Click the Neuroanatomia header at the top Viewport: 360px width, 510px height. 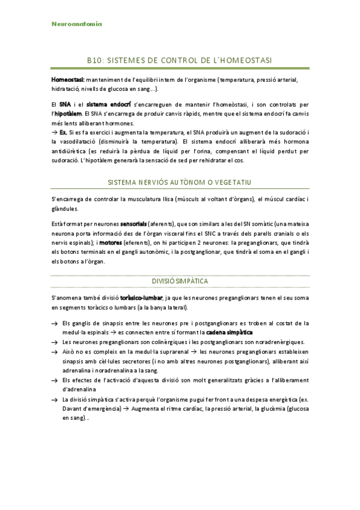77,24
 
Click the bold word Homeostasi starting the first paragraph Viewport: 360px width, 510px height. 67,79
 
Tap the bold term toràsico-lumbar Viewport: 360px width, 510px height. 141,298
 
